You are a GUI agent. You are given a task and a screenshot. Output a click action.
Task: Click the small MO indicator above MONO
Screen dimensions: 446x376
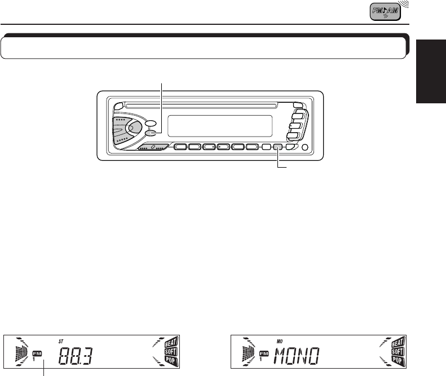(x=279, y=342)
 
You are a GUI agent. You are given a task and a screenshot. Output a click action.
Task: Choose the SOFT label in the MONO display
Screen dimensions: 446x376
(x=398, y=351)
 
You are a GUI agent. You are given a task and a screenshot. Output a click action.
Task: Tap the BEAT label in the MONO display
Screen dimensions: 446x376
(x=398, y=342)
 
